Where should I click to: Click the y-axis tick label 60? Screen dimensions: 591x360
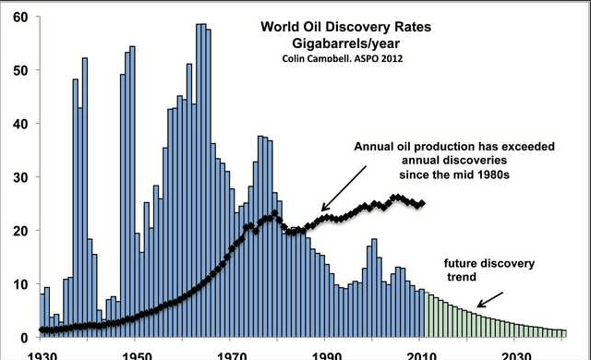[x=20, y=18]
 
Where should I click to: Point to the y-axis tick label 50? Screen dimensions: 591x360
[x=20, y=71]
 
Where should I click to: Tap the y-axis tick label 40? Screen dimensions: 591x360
[x=20, y=124]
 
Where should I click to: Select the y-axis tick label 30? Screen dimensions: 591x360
[x=20, y=177]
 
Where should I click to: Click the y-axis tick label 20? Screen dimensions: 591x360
[x=20, y=231]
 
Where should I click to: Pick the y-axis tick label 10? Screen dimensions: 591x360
[x=20, y=284]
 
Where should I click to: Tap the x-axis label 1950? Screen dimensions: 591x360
[x=135, y=356]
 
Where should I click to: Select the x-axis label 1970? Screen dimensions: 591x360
[x=230, y=356]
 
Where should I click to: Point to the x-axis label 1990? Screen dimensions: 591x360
[x=325, y=356]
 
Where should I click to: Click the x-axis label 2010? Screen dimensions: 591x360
[x=420, y=356]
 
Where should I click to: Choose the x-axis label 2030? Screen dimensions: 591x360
[x=515, y=356]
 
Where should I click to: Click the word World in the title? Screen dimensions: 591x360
[x=277, y=27]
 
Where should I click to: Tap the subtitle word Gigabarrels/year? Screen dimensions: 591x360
[x=345, y=43]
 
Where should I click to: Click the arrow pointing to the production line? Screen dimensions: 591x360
[x=344, y=188]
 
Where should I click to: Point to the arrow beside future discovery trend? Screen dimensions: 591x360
[x=490, y=299]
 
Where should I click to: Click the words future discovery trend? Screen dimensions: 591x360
[x=489, y=270]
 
